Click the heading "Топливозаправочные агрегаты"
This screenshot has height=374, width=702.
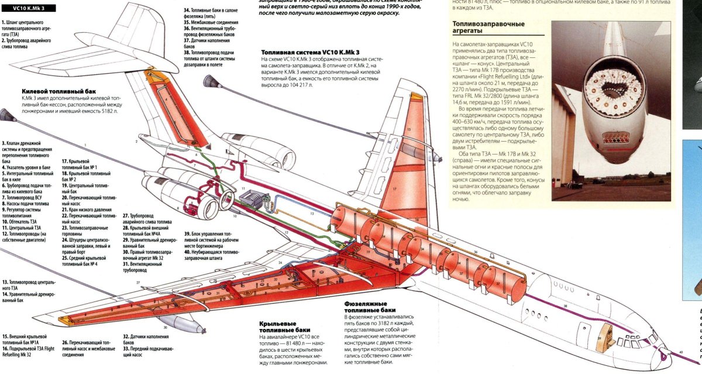point(489,28)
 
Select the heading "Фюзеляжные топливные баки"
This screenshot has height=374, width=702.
point(370,306)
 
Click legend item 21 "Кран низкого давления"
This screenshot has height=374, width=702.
point(85,208)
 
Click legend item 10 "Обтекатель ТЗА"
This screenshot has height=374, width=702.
point(22,222)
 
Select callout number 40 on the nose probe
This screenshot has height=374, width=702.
point(682,351)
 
